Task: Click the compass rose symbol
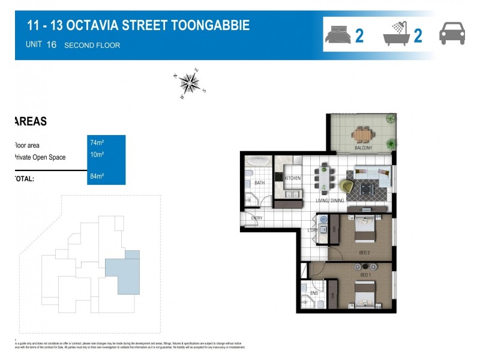pyautogui.click(x=190, y=83)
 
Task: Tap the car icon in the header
pyautogui.click(x=452, y=33)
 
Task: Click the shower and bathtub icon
pyautogui.click(x=396, y=34)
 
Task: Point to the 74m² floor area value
pyautogui.click(x=97, y=143)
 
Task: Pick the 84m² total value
pyautogui.click(x=97, y=176)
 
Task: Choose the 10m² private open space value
pyautogui.click(x=97, y=155)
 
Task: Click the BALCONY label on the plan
pyautogui.click(x=363, y=148)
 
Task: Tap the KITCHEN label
pyautogui.click(x=292, y=178)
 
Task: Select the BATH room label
pyautogui.click(x=259, y=182)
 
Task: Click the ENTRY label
pyautogui.click(x=257, y=218)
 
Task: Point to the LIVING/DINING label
pyautogui.click(x=331, y=200)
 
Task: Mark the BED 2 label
pyautogui.click(x=364, y=253)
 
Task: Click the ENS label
pyautogui.click(x=314, y=293)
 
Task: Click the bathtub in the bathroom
pyautogui.click(x=259, y=162)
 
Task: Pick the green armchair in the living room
pyautogui.click(x=347, y=187)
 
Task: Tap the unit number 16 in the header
pyautogui.click(x=51, y=44)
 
